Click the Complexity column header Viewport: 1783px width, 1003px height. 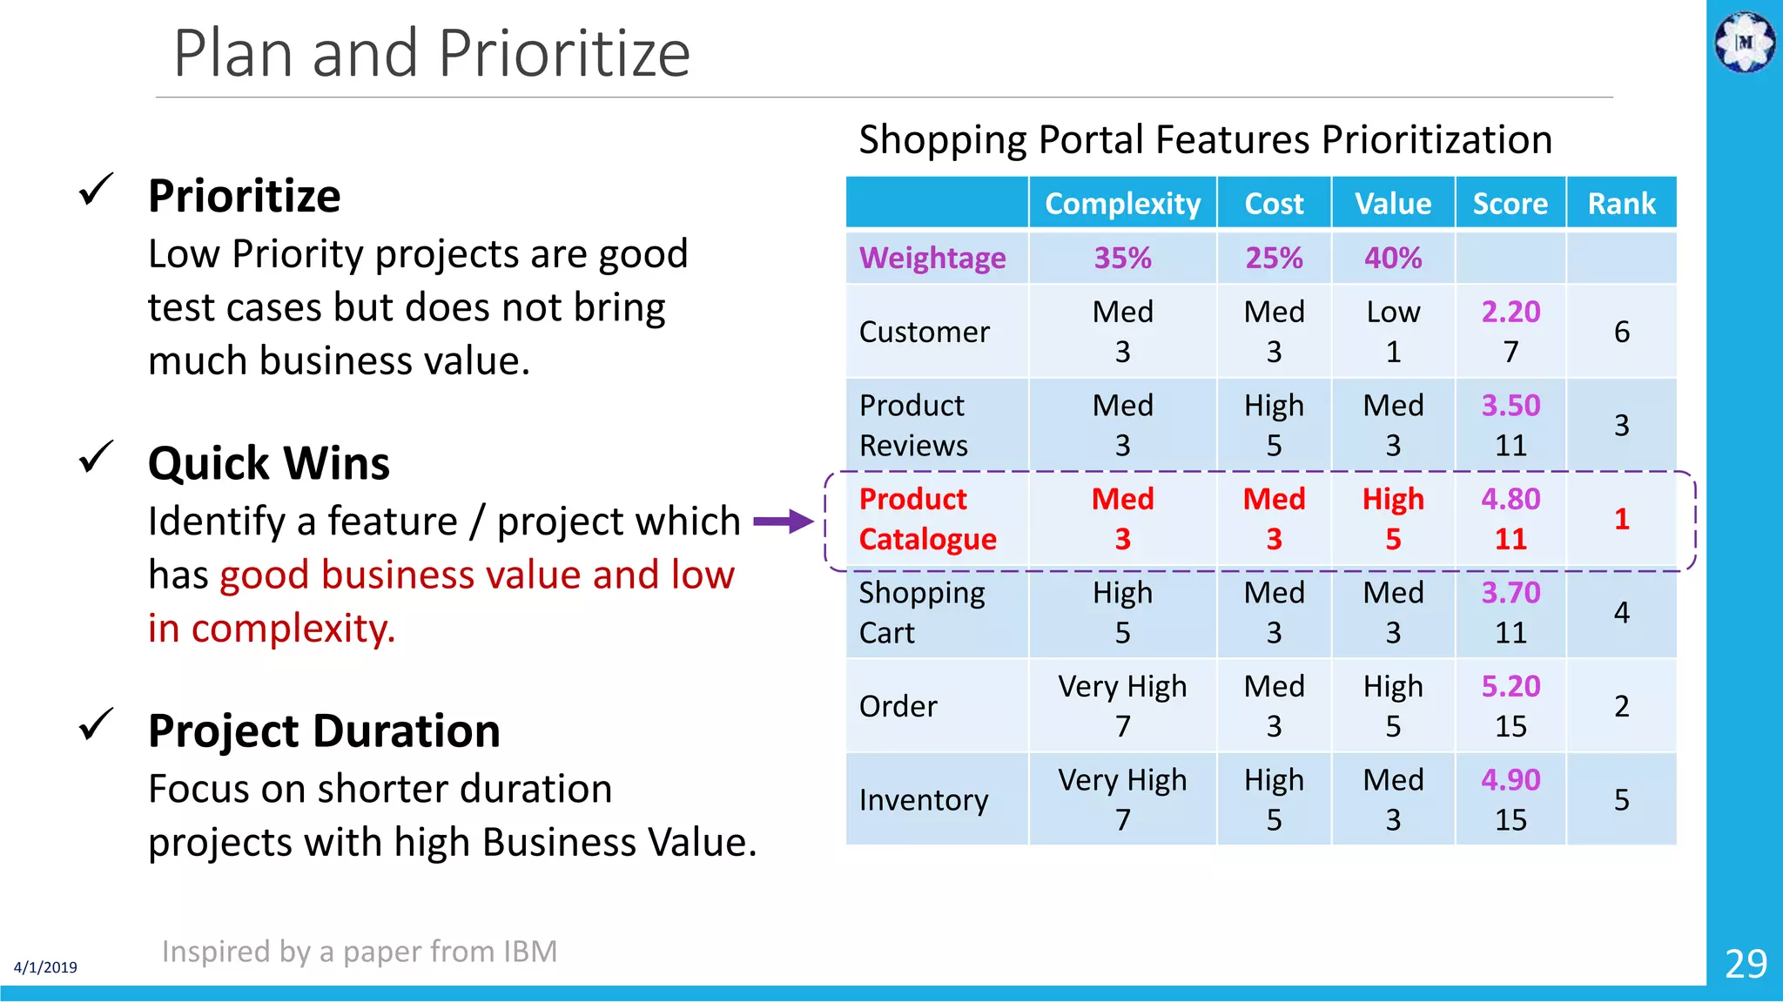coord(1122,204)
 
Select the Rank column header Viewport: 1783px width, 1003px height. coord(1621,204)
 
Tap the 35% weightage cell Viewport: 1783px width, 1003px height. coord(1122,258)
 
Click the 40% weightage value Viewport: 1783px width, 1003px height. coord(1392,258)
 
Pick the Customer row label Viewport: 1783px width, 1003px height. coord(924,332)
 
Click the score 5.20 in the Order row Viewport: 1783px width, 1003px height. coord(1511,686)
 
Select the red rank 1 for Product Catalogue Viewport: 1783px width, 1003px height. coord(1621,519)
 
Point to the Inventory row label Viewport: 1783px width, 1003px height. coord(923,799)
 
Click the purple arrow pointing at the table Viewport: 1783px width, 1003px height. coord(783,522)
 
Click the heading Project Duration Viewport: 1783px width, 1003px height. coord(324,730)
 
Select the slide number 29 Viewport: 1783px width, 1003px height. coord(1746,964)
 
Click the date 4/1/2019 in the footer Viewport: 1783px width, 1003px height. coord(45,967)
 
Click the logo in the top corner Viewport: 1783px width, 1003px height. coord(1745,41)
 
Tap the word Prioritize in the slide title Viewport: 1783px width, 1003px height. coord(564,54)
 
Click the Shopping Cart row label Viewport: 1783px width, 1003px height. coord(921,612)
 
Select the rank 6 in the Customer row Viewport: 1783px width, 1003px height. coord(1621,332)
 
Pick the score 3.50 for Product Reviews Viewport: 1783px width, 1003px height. coord(1511,406)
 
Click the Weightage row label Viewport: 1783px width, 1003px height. coord(932,258)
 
